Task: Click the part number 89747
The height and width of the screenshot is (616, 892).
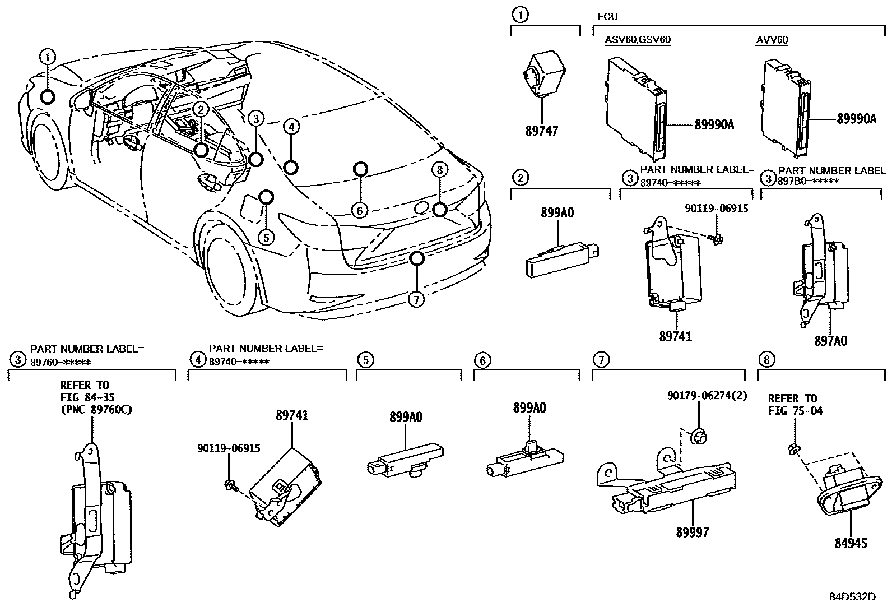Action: (x=541, y=131)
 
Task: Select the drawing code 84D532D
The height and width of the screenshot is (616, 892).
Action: (x=852, y=596)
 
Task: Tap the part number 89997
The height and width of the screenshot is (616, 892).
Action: (x=692, y=532)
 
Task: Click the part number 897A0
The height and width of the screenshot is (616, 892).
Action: (x=831, y=340)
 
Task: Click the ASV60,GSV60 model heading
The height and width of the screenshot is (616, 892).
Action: (x=637, y=40)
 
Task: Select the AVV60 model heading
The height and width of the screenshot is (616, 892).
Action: (x=772, y=40)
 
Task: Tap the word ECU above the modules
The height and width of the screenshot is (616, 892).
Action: (x=607, y=17)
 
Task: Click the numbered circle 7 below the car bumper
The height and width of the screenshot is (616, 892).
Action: (x=415, y=300)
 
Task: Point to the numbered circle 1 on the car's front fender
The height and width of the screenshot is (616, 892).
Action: (x=48, y=57)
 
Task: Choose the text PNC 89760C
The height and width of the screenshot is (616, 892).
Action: (x=96, y=409)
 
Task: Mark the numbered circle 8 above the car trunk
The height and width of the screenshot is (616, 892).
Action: (x=439, y=169)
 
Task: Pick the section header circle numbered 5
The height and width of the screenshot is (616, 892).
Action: (x=364, y=359)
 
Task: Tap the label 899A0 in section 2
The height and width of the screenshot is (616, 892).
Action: (x=557, y=212)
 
